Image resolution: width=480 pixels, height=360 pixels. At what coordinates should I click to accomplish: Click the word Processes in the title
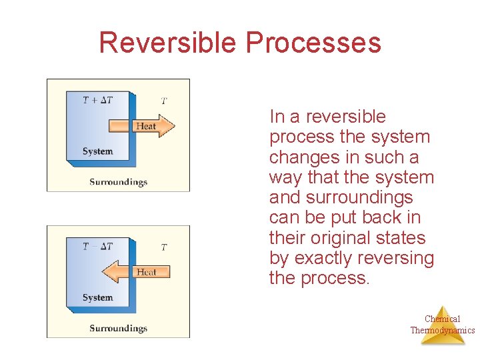tap(313, 43)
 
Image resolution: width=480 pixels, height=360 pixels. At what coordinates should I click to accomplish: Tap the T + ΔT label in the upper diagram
tap(97, 100)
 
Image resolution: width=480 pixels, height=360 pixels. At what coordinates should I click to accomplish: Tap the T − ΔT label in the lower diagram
tap(97, 247)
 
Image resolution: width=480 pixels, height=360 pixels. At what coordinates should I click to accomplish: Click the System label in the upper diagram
tap(97, 151)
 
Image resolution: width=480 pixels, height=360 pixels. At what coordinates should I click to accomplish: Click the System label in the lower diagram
tap(97, 297)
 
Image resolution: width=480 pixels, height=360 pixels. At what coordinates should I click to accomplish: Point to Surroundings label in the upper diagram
tap(118, 181)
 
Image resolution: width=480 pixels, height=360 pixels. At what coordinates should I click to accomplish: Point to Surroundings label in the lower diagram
tap(118, 328)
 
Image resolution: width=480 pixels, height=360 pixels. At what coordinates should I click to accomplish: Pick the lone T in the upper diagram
tap(164, 101)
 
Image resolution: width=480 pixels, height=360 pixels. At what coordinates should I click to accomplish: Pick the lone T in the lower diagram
tap(164, 247)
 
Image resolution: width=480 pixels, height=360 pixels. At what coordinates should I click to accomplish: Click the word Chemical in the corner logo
tap(442, 319)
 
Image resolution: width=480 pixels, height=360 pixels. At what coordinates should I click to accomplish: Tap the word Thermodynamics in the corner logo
tap(442, 330)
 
